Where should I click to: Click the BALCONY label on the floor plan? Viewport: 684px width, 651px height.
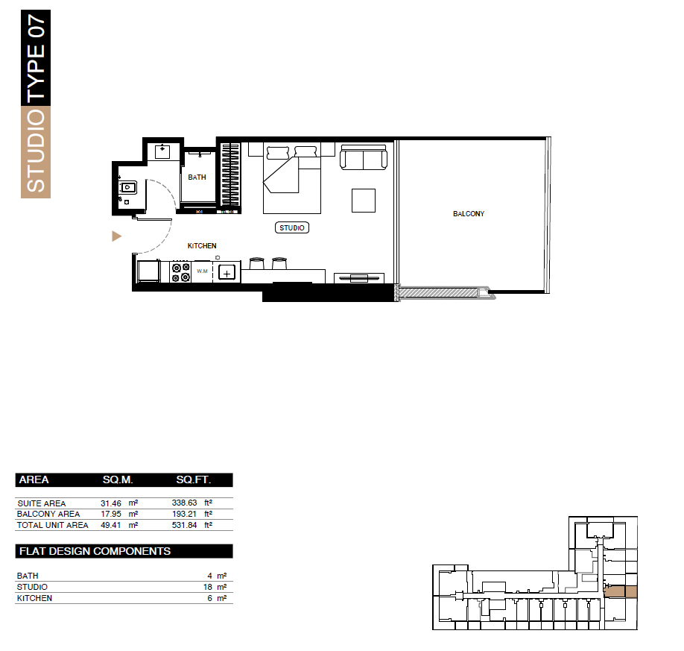point(469,213)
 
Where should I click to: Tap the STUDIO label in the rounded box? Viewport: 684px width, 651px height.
point(292,227)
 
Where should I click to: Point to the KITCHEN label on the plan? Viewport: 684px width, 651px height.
point(202,246)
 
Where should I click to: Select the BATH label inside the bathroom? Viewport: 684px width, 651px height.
point(197,177)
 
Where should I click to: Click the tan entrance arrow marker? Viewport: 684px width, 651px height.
point(116,236)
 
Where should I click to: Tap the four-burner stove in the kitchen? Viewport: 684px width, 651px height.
point(180,271)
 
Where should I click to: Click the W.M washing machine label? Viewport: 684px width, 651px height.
point(202,271)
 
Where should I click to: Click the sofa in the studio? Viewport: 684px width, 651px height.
point(364,157)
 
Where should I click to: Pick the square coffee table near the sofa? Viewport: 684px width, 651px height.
point(364,201)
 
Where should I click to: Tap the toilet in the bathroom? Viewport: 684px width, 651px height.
point(127,188)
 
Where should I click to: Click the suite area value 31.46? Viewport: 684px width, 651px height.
point(111,503)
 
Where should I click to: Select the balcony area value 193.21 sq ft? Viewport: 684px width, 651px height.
point(184,514)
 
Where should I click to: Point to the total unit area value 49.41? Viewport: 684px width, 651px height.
point(111,525)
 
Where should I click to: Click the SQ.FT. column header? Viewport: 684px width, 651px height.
point(194,479)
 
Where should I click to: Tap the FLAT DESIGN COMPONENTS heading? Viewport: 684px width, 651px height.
point(95,551)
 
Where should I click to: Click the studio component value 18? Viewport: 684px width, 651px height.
point(208,588)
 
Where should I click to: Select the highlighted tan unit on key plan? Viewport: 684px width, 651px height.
point(620,592)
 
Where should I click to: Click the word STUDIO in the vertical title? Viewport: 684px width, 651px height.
point(36,151)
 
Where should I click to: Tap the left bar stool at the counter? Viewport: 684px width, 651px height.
point(256,263)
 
